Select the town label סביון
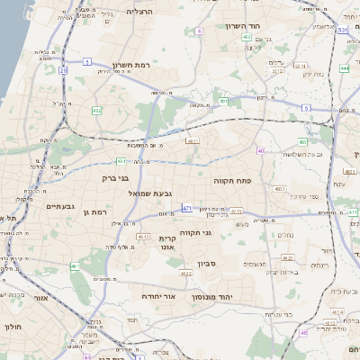click(x=207, y=264)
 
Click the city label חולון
click(x=13, y=328)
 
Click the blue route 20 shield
click(x=63, y=69)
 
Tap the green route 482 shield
click(x=96, y=110)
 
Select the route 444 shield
click(x=345, y=68)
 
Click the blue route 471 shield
click(x=186, y=209)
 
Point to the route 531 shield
click(x=344, y=30)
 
